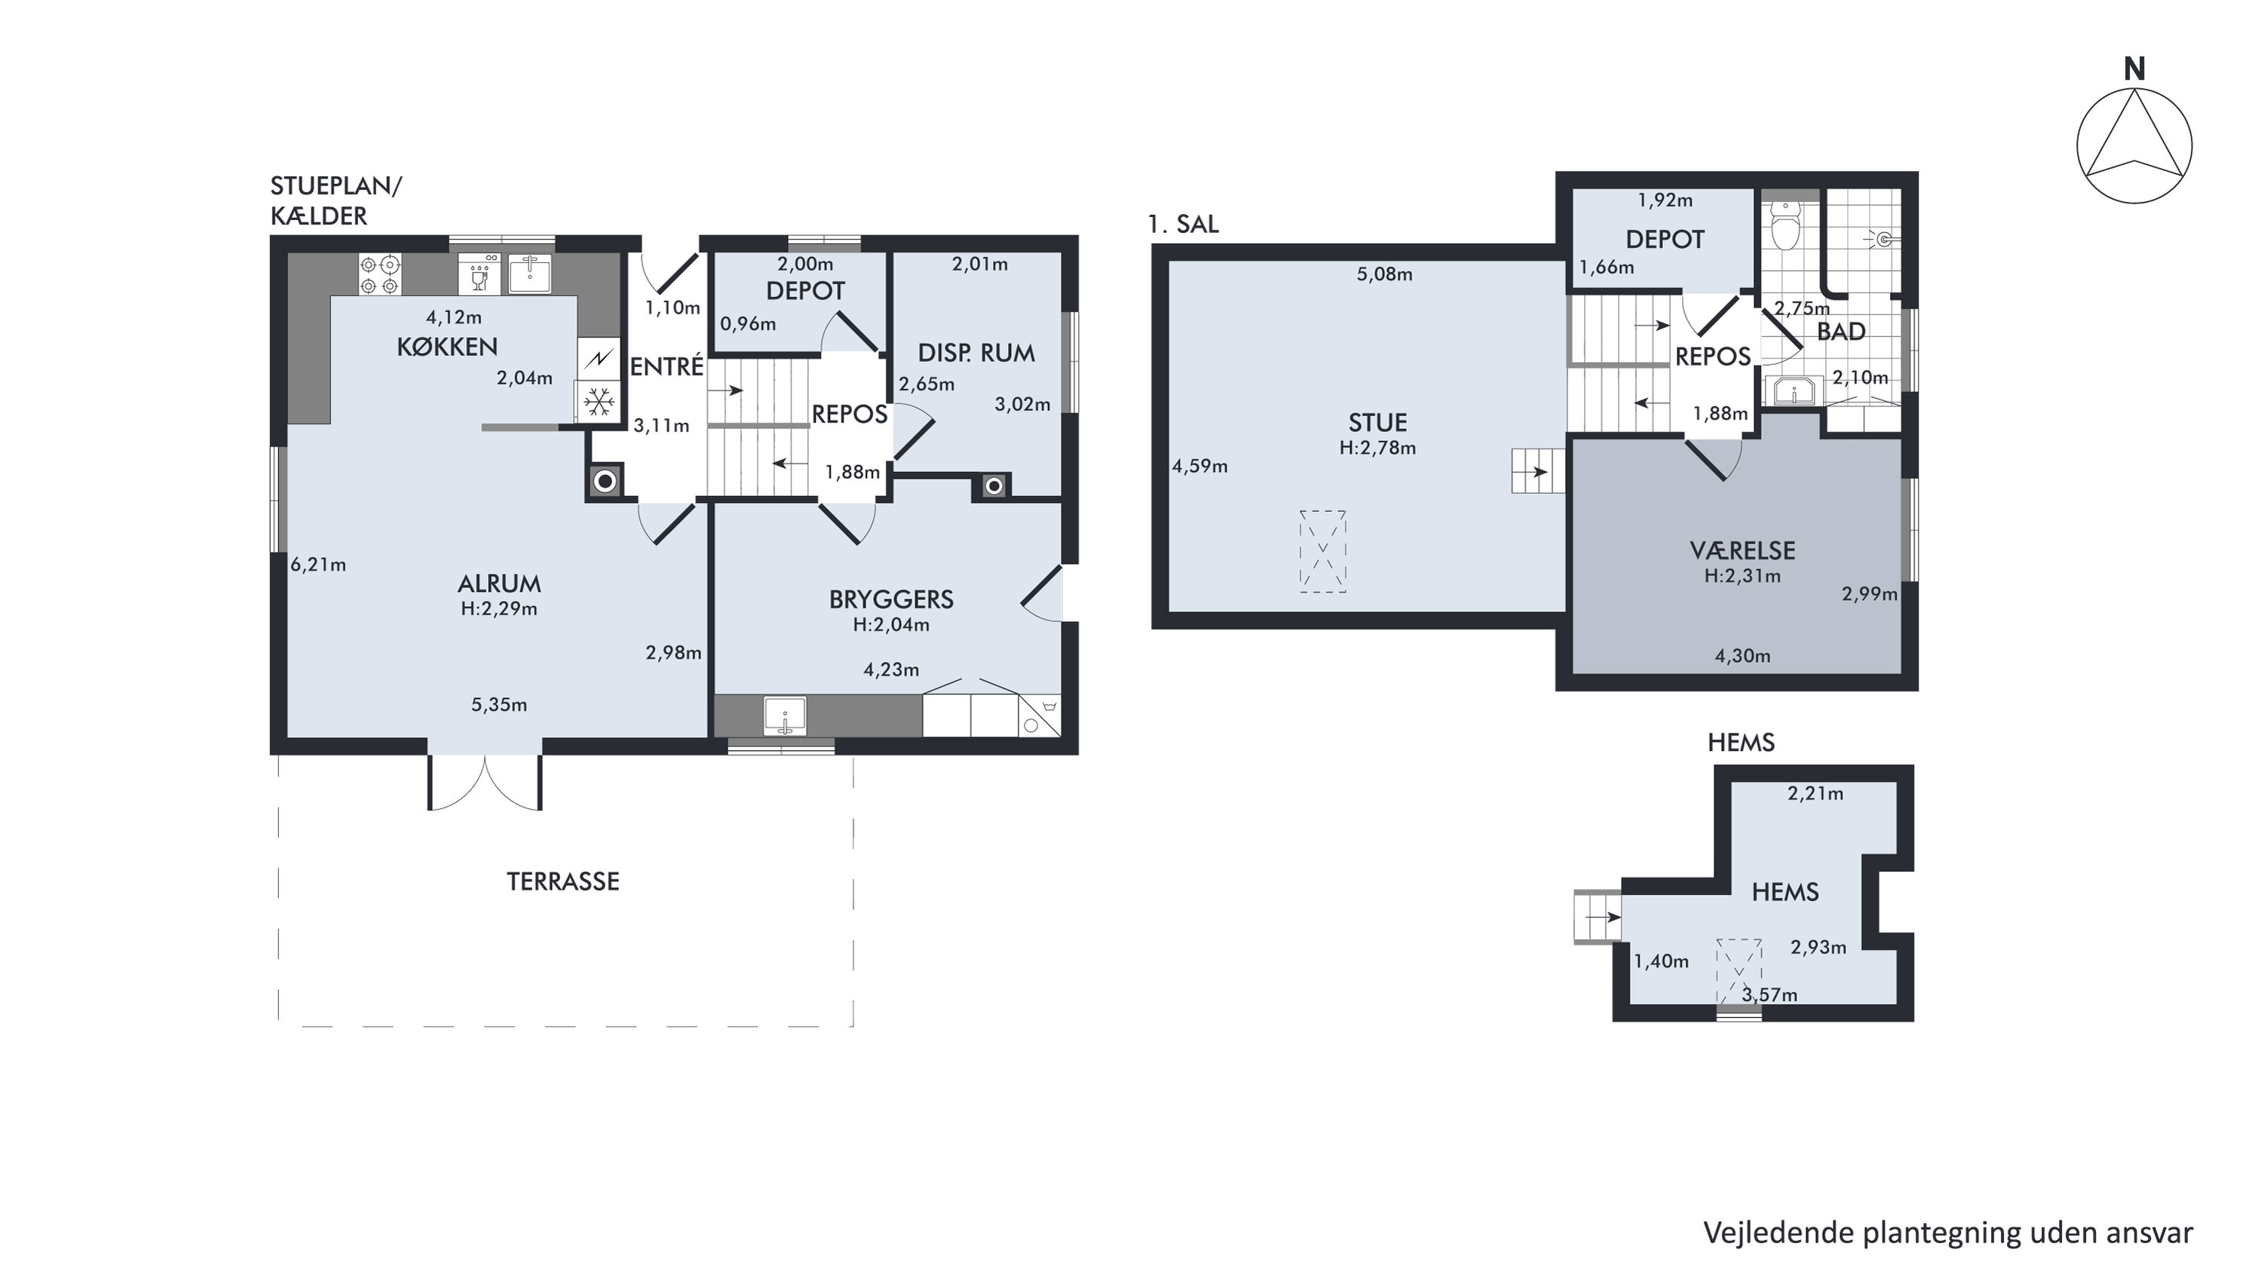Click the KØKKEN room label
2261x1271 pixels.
(447, 347)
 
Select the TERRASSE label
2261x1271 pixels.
(562, 881)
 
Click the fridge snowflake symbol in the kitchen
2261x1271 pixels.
(599, 403)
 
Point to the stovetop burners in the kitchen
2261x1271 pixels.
(380, 274)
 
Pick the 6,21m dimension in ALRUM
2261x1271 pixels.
(319, 565)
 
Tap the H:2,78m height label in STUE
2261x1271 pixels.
(1377, 448)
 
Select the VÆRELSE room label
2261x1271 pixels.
(1742, 551)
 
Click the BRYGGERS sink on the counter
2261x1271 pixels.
(785, 715)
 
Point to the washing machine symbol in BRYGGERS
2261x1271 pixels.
(1039, 715)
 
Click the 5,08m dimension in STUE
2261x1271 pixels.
(1384, 274)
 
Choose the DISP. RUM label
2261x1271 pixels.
(976, 353)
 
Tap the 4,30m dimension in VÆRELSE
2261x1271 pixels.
(1742, 656)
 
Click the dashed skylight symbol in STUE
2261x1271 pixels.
(1322, 551)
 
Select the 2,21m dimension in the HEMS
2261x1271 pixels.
(1815, 794)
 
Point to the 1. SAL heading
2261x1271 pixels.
(1183, 225)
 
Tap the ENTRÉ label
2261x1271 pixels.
(667, 366)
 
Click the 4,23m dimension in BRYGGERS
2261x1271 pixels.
(891, 669)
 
